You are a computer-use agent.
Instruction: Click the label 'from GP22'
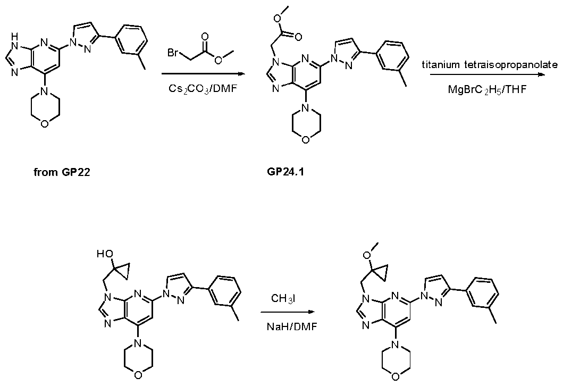[x=62, y=172]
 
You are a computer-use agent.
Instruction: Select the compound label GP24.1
[x=285, y=172]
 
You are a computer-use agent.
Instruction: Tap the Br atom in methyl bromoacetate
[x=173, y=53]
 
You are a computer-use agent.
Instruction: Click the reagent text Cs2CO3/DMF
[x=203, y=88]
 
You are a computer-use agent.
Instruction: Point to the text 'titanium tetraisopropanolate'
[x=490, y=65]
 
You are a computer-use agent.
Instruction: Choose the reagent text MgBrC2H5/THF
[x=487, y=89]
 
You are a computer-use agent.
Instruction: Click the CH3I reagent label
[x=283, y=298]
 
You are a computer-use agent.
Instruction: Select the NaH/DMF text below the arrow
[x=292, y=327]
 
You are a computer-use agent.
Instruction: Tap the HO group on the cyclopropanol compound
[x=105, y=254]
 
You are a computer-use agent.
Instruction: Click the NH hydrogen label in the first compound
[x=14, y=36]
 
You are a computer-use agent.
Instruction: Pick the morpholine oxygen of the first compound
[x=44, y=124]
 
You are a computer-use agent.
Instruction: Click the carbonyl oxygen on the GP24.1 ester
[x=298, y=37]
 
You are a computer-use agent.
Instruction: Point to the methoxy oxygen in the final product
[x=367, y=255]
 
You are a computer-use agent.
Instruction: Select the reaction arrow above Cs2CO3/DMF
[x=203, y=74]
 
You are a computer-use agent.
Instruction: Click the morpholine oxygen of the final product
[x=396, y=376]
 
